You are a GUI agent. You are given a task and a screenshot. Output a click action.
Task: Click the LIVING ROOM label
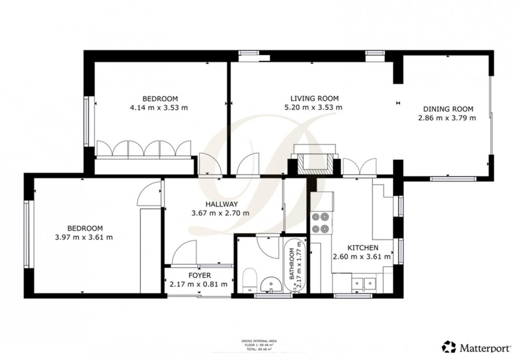click(x=314, y=98)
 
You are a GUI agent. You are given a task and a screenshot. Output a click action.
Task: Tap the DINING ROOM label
click(x=448, y=109)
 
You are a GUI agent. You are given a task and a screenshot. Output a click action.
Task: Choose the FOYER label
click(x=199, y=275)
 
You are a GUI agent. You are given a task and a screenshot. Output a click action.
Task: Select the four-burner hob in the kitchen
click(x=321, y=222)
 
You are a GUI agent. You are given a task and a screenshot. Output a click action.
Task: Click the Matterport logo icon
click(x=449, y=347)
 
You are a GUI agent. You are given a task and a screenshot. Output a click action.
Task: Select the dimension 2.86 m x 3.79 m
click(x=447, y=118)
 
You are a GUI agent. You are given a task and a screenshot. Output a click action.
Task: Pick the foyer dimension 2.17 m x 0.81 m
click(x=199, y=284)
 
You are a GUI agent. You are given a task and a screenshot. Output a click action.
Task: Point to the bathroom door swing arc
click(x=271, y=248)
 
